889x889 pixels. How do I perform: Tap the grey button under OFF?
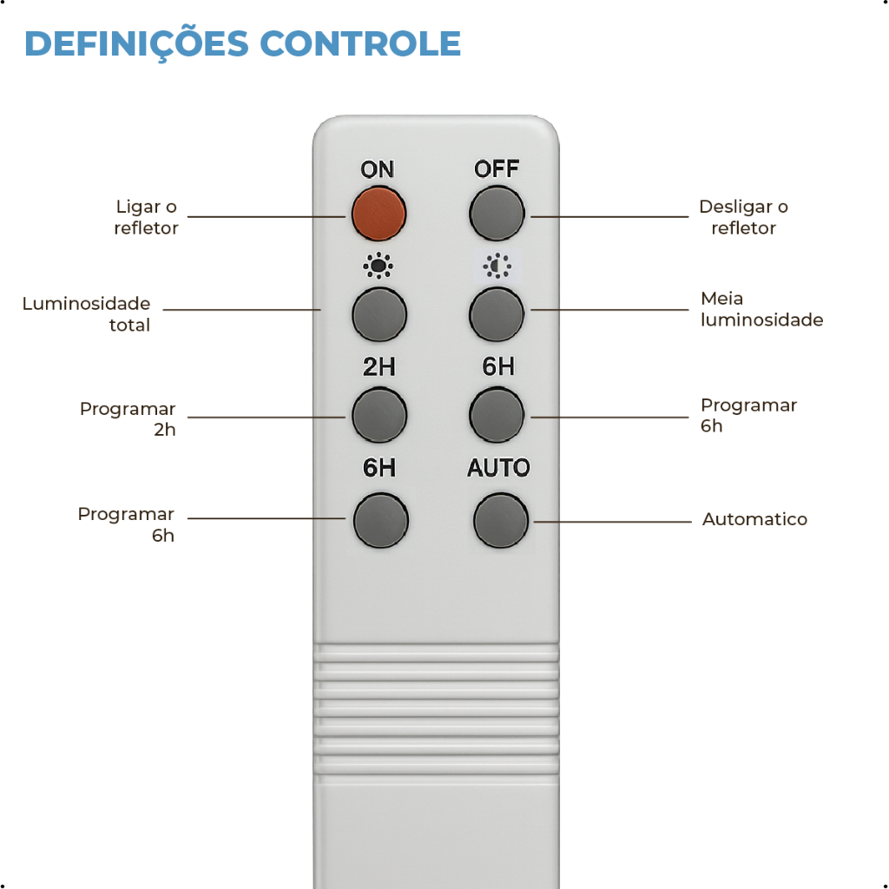click(x=497, y=212)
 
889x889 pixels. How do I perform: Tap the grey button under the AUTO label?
click(x=501, y=520)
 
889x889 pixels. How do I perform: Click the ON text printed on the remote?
click(x=378, y=169)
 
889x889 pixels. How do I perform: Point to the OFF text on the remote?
click(x=497, y=168)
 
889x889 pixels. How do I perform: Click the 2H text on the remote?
click(x=379, y=367)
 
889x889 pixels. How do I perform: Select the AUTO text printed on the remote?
click(x=498, y=468)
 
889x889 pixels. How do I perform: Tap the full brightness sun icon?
click(x=378, y=266)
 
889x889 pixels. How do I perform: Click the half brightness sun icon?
click(x=497, y=266)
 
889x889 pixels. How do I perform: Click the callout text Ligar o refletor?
click(x=146, y=217)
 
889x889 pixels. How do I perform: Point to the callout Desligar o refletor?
click(x=743, y=217)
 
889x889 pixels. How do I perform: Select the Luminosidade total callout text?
click(x=87, y=314)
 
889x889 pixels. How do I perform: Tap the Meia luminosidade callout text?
click(x=761, y=309)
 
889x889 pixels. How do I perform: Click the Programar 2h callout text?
click(x=128, y=418)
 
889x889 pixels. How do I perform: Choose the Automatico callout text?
click(x=754, y=519)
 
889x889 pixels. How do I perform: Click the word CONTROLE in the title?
click(x=360, y=43)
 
